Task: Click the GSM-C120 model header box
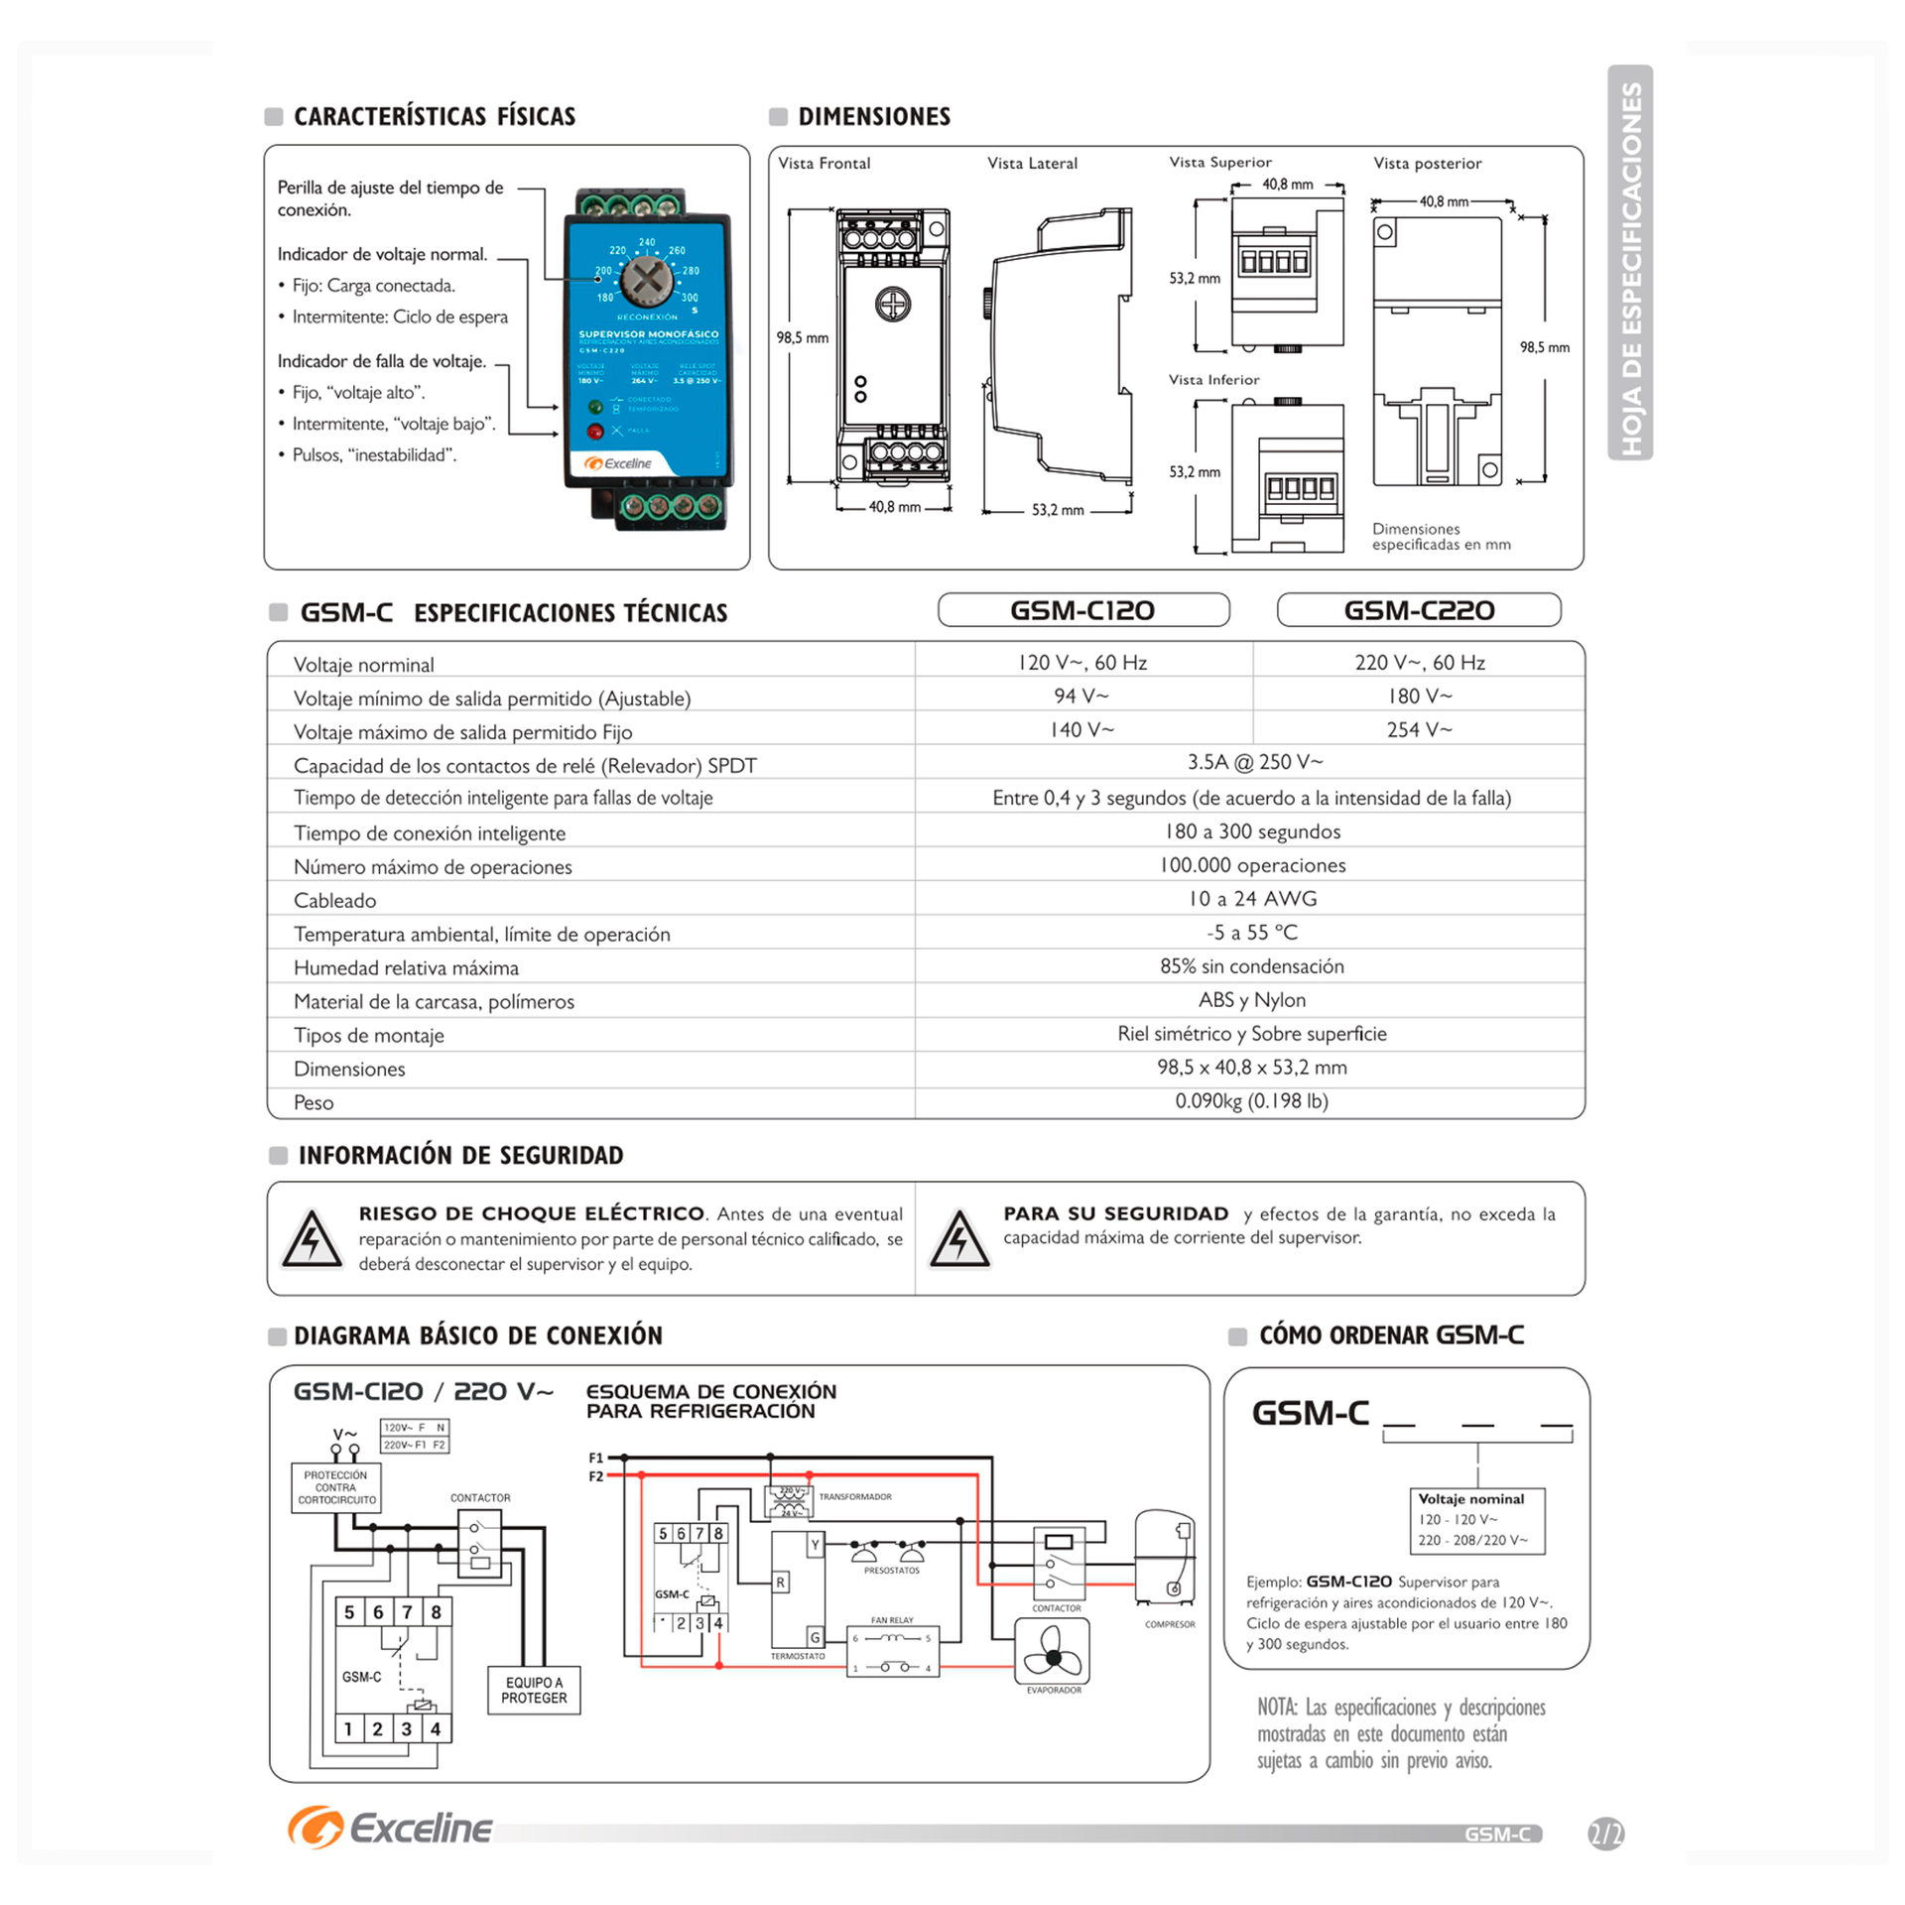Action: pyautogui.click(x=1082, y=610)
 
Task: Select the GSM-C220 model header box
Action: pyautogui.click(x=1419, y=610)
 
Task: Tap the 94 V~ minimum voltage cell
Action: pyautogui.click(x=1081, y=697)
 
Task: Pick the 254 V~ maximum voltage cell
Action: pyautogui.click(x=1419, y=730)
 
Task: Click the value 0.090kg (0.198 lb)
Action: pyautogui.click(x=1251, y=1101)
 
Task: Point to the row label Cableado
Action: pyautogui.click(x=335, y=901)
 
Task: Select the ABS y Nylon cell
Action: pyautogui.click(x=1251, y=1000)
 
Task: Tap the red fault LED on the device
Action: pyautogui.click(x=595, y=432)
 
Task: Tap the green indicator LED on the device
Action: pyautogui.click(x=595, y=407)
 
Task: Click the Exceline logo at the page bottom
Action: pyautogui.click(x=391, y=1828)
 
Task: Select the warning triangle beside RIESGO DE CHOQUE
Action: pyautogui.click(x=313, y=1240)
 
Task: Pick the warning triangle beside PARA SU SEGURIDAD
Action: pyautogui.click(x=958, y=1240)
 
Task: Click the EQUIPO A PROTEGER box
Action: pyautogui.click(x=534, y=1690)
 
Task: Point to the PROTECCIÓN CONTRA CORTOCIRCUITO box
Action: pyautogui.click(x=336, y=1488)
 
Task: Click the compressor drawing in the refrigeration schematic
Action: pyautogui.click(x=1165, y=1558)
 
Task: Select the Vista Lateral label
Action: pyautogui.click(x=1032, y=164)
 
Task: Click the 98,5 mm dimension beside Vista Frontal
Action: pyautogui.click(x=802, y=338)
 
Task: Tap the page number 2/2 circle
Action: pyautogui.click(x=1605, y=1833)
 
